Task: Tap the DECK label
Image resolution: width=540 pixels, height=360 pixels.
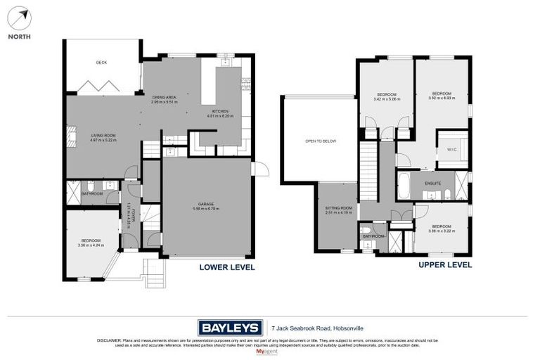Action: [x=101, y=63]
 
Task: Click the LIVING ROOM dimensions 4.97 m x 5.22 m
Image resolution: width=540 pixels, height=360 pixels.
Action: [x=103, y=141]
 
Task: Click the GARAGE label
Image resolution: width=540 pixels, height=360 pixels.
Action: [x=205, y=204]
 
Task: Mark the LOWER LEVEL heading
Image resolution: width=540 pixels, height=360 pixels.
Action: [x=226, y=267]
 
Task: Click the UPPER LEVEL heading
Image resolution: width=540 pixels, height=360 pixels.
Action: [x=444, y=265]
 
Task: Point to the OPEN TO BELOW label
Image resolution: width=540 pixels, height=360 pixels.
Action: [x=320, y=141]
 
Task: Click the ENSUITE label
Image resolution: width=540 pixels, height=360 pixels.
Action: [x=432, y=183]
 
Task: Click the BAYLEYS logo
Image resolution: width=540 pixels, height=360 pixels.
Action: [x=229, y=327]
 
